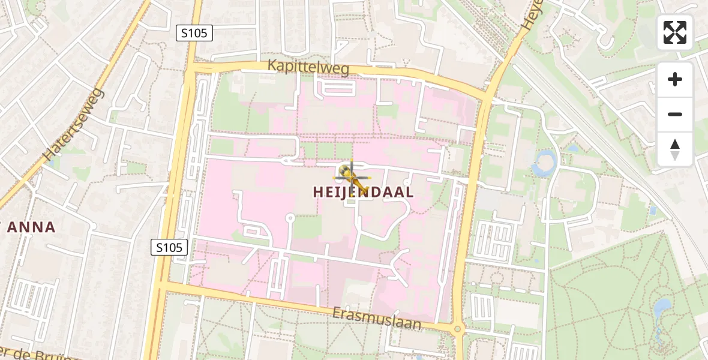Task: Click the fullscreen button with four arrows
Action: click(675, 32)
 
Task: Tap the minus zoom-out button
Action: click(675, 114)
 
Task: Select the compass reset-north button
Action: click(675, 149)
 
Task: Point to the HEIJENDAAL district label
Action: click(363, 192)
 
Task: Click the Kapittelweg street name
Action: click(308, 67)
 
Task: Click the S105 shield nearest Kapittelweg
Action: click(195, 33)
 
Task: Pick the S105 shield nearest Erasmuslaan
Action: click(169, 247)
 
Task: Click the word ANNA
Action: click(33, 227)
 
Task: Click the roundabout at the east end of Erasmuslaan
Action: click(458, 329)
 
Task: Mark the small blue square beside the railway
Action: click(653, 210)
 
